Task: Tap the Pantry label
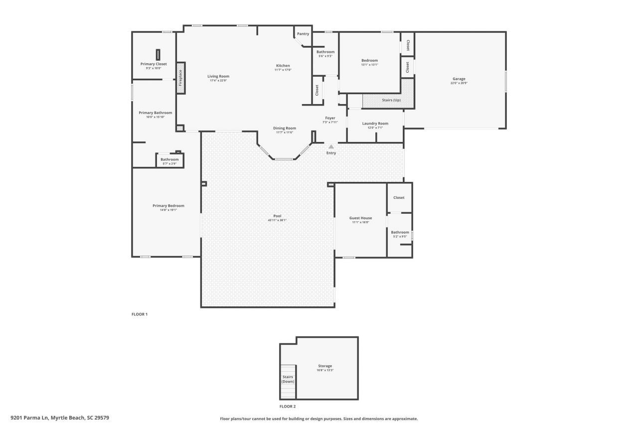click(303, 34)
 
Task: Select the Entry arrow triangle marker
click(331, 146)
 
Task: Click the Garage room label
click(459, 79)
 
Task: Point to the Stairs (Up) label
click(391, 100)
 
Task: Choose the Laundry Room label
click(375, 123)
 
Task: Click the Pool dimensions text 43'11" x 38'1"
click(277, 220)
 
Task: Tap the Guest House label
click(360, 218)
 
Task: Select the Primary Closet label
click(154, 64)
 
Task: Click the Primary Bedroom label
click(168, 206)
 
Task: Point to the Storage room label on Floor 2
click(325, 366)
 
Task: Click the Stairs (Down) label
click(288, 379)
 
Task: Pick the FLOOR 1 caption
click(140, 314)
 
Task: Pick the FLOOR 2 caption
click(288, 407)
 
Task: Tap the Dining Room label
click(285, 128)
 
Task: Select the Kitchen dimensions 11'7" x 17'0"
click(283, 70)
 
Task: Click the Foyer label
click(330, 118)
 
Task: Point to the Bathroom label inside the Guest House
click(400, 232)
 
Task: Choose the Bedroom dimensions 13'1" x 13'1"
click(370, 65)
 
